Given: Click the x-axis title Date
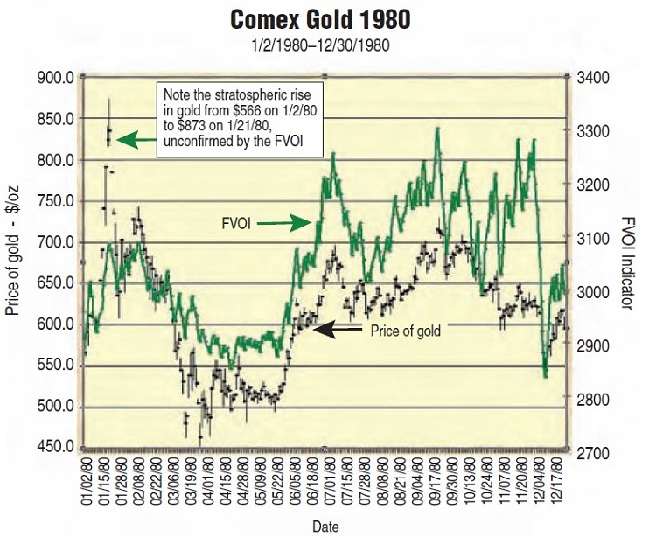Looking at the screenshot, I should pyautogui.click(x=325, y=525).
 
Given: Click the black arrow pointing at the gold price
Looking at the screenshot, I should pyautogui.click(x=338, y=329).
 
